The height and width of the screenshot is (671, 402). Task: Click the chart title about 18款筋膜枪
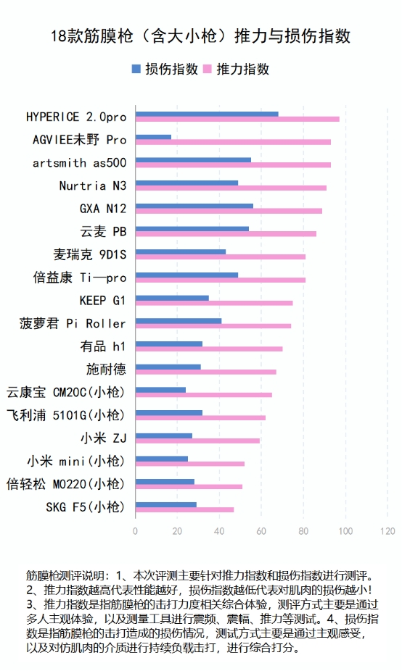(x=201, y=36)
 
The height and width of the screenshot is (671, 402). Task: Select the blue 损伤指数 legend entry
(x=165, y=69)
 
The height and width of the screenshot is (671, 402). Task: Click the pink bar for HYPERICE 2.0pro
(x=237, y=119)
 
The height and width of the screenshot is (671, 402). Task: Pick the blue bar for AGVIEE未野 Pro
(x=153, y=137)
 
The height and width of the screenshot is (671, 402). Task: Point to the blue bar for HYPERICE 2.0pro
(x=207, y=114)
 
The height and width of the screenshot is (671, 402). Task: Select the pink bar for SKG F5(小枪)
(x=184, y=509)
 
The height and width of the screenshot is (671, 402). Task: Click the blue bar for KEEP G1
(x=172, y=298)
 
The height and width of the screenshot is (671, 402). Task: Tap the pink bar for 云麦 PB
(x=226, y=234)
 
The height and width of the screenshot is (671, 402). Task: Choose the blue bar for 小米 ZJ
(x=164, y=435)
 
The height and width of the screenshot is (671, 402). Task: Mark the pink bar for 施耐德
(x=205, y=372)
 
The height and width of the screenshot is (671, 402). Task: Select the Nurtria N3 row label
(x=93, y=186)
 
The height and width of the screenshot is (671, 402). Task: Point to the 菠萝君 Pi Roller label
(x=73, y=323)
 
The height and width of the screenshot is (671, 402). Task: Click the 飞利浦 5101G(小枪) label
(x=66, y=415)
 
